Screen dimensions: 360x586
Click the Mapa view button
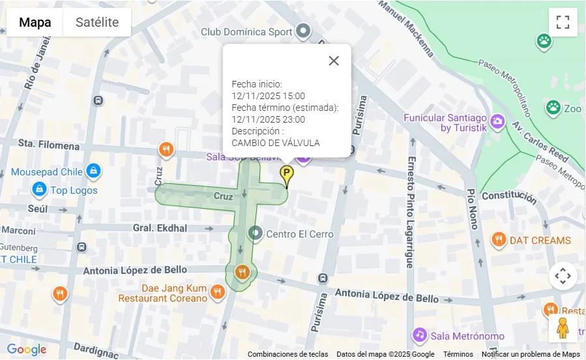pos(35,22)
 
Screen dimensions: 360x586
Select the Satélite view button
pos(97,22)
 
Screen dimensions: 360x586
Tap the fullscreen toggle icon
pos(563,22)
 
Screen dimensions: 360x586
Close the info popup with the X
pos(334,61)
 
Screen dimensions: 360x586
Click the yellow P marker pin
pos(287,174)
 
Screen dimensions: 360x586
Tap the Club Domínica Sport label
pos(246,31)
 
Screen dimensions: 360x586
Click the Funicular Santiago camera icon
pos(497,121)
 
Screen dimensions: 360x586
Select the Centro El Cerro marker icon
pos(256,233)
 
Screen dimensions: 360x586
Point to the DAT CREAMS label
pos(540,240)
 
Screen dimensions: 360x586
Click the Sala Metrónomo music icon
pos(420,335)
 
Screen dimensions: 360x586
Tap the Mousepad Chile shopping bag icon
pos(93,172)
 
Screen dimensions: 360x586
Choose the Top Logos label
pos(74,190)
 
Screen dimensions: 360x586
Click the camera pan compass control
pos(563,276)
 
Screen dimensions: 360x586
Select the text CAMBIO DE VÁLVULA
pos(276,143)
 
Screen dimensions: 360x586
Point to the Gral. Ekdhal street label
pos(160,228)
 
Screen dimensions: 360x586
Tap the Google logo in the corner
pos(27,350)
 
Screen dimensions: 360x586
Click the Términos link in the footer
pos(458,354)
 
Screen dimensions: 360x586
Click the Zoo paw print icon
pos(553,106)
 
